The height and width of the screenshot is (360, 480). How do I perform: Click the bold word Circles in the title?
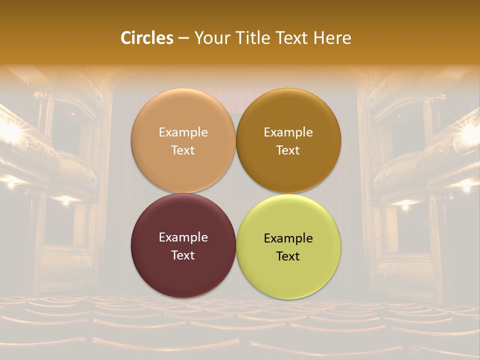[147, 38]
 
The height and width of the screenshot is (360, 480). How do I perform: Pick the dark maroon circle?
[183, 275]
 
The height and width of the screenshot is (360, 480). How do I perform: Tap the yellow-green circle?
[288, 275]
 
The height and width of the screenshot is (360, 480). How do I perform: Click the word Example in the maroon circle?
[183, 237]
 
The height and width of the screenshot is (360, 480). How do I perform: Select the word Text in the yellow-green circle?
[288, 256]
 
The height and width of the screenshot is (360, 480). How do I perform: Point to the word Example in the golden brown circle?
[288, 132]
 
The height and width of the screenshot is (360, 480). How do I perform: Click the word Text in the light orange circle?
[183, 150]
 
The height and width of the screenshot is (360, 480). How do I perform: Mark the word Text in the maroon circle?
[183, 255]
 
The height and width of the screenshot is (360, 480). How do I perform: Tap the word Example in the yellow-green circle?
[288, 238]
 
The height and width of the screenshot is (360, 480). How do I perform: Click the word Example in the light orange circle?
[183, 132]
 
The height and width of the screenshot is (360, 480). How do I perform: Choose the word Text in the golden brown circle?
[288, 150]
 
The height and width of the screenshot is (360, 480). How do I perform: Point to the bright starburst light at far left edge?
[11, 132]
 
